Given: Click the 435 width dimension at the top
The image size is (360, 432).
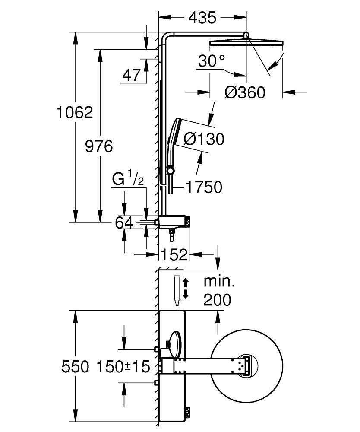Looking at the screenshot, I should point(202,18).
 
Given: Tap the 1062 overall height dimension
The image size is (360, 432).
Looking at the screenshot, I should point(75,113).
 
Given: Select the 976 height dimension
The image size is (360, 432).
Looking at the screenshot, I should point(99,146).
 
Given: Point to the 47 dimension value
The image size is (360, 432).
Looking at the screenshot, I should point(132,75).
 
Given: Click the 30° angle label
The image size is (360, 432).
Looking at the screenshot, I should point(212,61).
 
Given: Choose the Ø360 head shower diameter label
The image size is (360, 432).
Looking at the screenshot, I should point(245,92).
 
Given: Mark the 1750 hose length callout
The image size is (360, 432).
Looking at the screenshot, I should point(204,187).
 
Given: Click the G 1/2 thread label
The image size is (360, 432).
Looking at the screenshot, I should point(128,179).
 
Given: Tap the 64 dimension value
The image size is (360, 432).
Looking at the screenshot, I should point(125,223).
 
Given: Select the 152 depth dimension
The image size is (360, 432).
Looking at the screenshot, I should point(174,255).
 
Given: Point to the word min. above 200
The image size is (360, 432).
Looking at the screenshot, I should point(219,282).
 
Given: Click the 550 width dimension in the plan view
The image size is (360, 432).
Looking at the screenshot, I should point(75,367).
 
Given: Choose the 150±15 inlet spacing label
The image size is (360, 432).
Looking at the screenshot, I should point(123,367).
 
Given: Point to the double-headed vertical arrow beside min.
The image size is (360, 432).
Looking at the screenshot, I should point(186,289).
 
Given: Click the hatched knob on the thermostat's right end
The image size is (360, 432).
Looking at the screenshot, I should point(189,222).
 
